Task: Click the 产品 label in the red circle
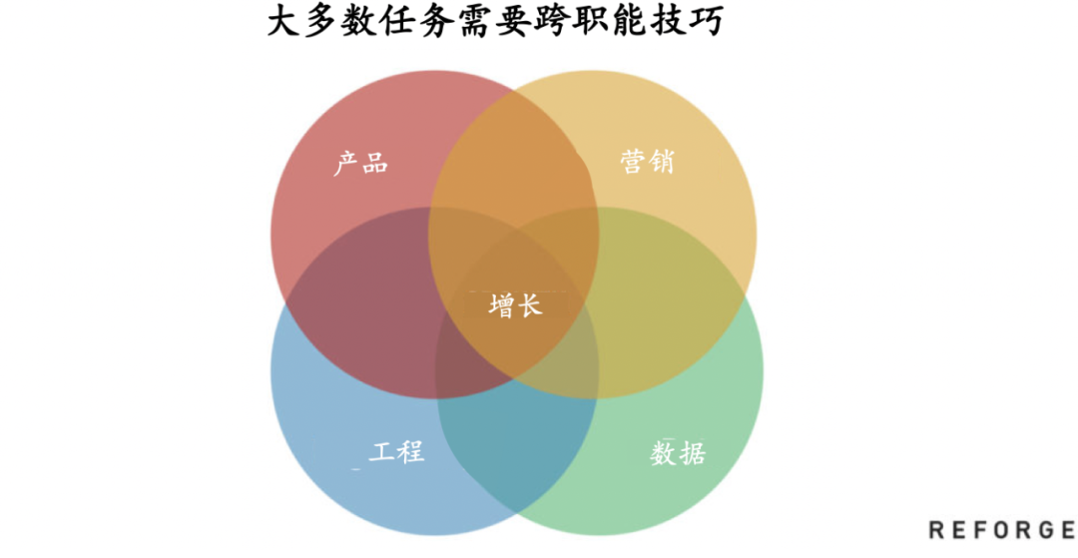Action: click(360, 163)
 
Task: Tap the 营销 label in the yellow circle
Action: click(646, 162)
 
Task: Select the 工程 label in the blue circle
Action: click(396, 451)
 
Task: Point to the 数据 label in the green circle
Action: click(678, 454)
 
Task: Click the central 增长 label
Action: click(515, 305)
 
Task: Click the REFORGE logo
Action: click(1000, 529)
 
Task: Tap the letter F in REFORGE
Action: click(978, 529)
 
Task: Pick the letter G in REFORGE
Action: click(1043, 529)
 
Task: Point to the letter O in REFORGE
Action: click(1000, 529)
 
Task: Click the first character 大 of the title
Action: click(284, 22)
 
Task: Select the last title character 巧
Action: click(704, 22)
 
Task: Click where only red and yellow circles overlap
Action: click(514, 150)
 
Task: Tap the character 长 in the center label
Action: click(529, 305)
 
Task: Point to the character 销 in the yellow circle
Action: click(660, 162)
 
